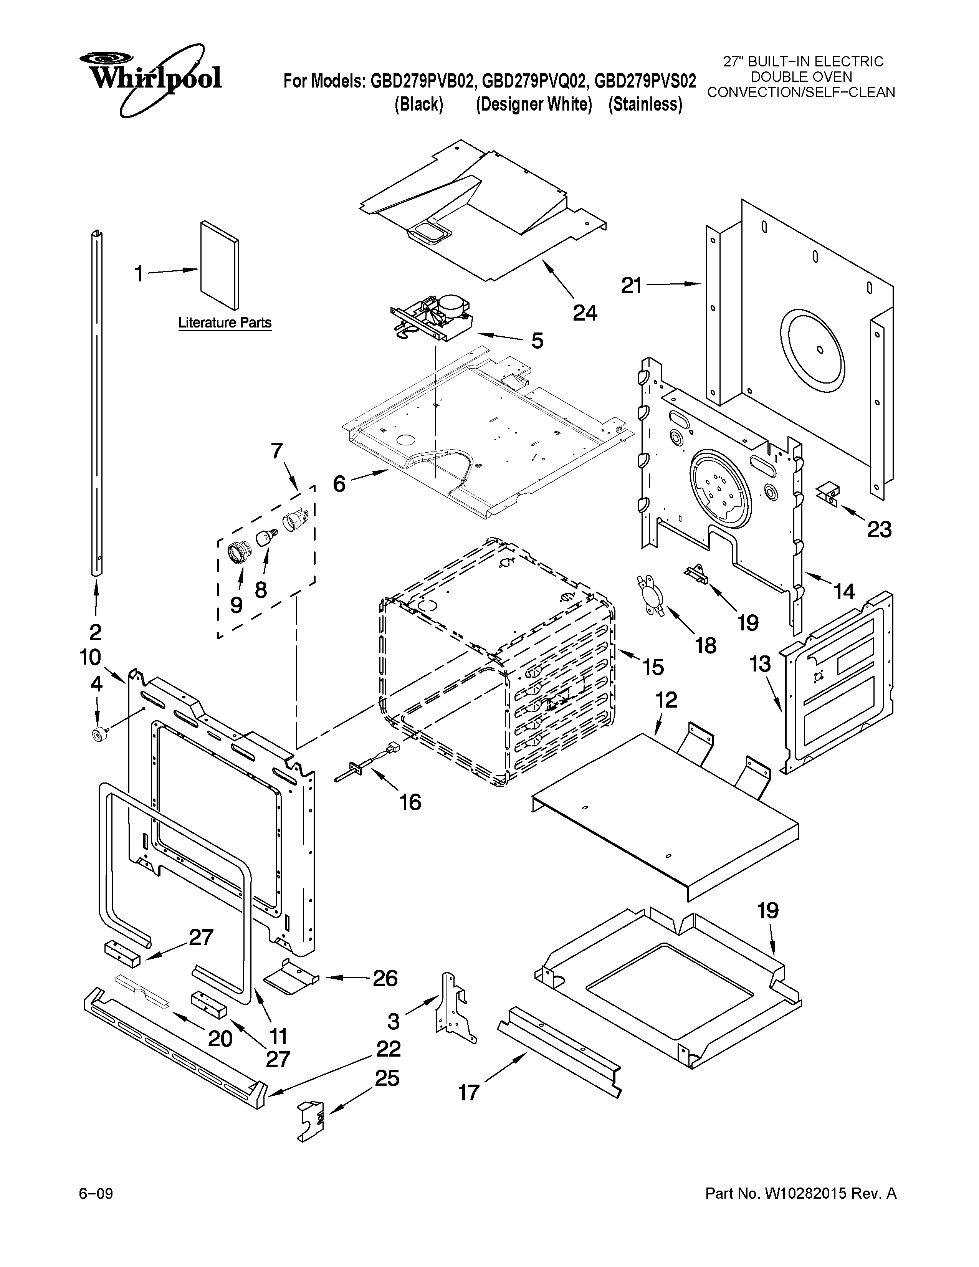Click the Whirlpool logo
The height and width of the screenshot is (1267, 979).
(x=151, y=78)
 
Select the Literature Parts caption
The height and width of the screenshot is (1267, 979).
(x=225, y=323)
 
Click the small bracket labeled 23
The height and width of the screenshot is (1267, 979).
(x=828, y=494)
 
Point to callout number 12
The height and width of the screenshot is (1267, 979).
(x=666, y=700)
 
